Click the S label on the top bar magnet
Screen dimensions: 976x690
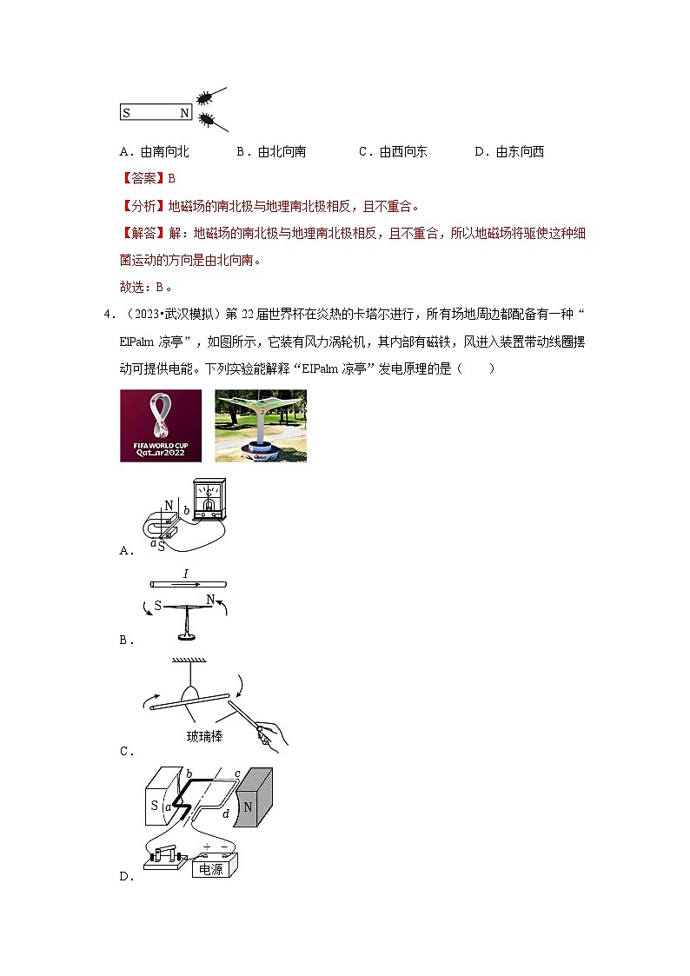click(x=127, y=113)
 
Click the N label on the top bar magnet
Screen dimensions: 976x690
click(x=183, y=113)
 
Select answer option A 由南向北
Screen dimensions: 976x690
click(x=155, y=152)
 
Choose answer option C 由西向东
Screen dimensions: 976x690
click(x=393, y=152)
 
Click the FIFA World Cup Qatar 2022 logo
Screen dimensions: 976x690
click(x=161, y=425)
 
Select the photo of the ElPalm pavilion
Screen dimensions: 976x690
click(x=261, y=425)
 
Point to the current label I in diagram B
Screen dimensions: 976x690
click(x=186, y=574)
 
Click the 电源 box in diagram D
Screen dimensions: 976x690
click(x=211, y=867)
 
